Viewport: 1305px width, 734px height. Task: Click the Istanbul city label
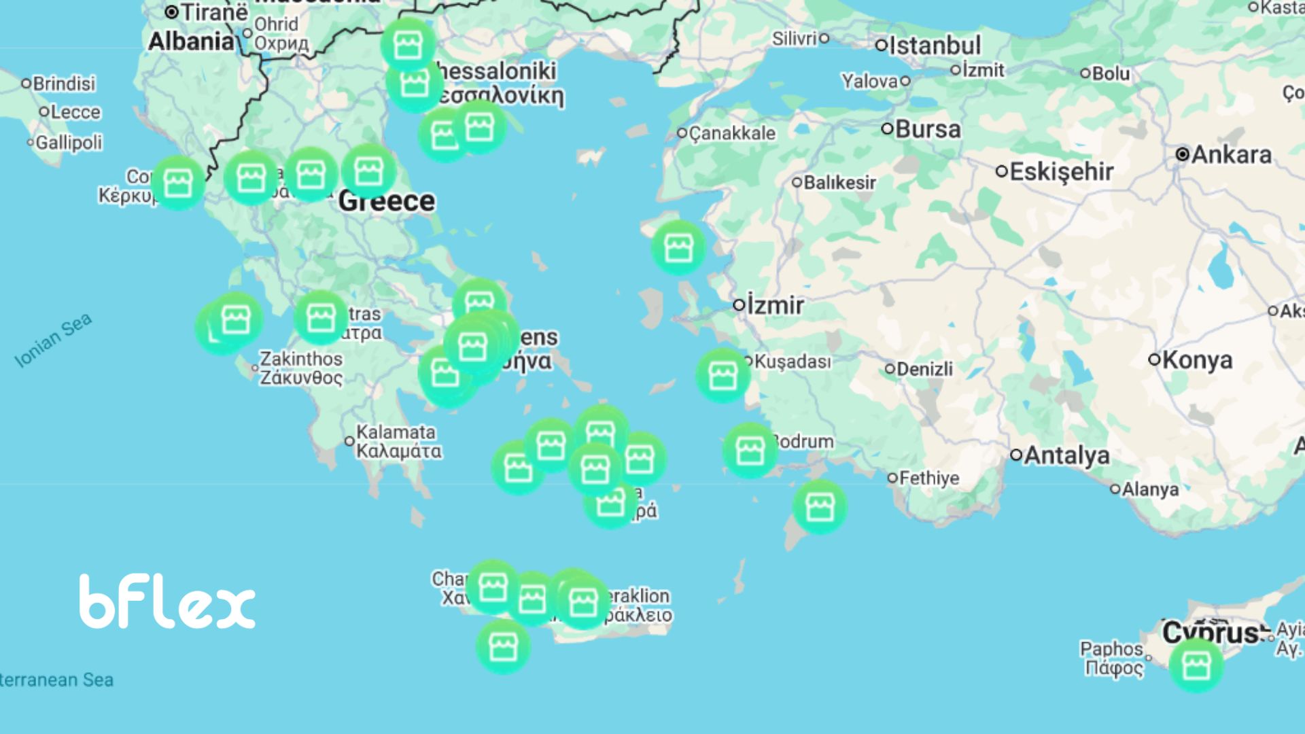pyautogui.click(x=935, y=46)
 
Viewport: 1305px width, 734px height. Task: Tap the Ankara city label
pyautogui.click(x=1231, y=155)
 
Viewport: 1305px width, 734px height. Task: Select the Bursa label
pyautogui.click(x=928, y=129)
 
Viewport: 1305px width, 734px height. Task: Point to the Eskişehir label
pyautogui.click(x=1061, y=171)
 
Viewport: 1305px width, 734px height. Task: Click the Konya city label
pyautogui.click(x=1197, y=360)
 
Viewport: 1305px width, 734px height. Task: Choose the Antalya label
pyautogui.click(x=1066, y=455)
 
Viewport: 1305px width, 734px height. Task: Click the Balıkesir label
pyautogui.click(x=839, y=183)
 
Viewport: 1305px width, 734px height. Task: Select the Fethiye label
pyautogui.click(x=928, y=478)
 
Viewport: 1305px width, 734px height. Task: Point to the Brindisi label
pyautogui.click(x=64, y=84)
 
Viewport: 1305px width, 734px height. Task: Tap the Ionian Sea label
pyautogui.click(x=53, y=341)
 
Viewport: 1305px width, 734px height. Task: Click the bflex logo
pyautogui.click(x=167, y=602)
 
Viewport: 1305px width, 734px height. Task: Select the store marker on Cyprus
pyautogui.click(x=1196, y=665)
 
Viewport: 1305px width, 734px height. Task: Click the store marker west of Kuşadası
pyautogui.click(x=722, y=375)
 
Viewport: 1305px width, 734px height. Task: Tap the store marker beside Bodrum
pyautogui.click(x=750, y=450)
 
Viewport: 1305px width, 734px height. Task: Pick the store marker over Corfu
pyautogui.click(x=178, y=183)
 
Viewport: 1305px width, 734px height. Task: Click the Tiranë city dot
pyautogui.click(x=172, y=12)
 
